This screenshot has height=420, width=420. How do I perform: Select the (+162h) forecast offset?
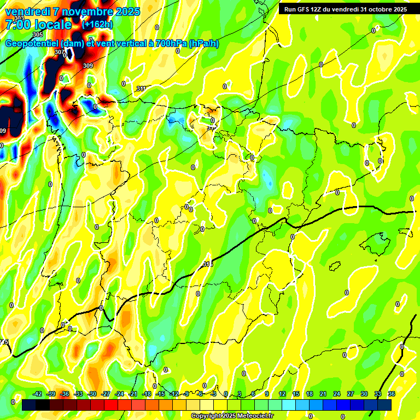point(97,25)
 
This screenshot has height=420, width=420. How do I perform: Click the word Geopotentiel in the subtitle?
point(32,44)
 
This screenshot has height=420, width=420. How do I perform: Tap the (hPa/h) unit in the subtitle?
point(203,44)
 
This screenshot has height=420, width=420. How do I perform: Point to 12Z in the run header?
point(319,9)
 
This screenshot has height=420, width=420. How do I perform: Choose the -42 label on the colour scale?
point(37,394)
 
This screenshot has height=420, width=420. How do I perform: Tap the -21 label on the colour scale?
point(133,394)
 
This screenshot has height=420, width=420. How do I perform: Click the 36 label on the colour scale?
point(392,394)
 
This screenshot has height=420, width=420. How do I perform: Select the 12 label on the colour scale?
point(282,394)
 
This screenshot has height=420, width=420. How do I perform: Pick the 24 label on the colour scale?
point(337,394)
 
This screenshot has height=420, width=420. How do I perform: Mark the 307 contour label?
point(59,52)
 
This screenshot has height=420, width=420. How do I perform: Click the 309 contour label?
point(88,66)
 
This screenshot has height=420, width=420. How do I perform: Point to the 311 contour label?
point(141,88)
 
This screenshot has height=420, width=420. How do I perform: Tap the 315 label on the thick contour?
point(207,264)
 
